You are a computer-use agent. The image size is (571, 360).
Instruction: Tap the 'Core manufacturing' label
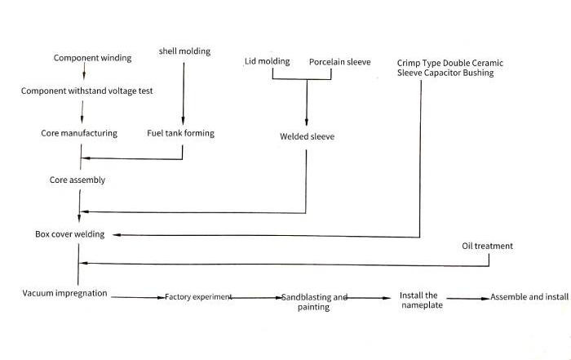(x=79, y=133)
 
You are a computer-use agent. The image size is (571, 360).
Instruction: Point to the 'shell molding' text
(x=184, y=51)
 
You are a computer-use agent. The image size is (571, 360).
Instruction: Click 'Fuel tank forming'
(x=180, y=133)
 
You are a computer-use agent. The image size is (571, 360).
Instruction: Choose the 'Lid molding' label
(x=268, y=62)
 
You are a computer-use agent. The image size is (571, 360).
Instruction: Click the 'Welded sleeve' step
(x=307, y=136)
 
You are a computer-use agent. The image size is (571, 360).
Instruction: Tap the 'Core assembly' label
(x=77, y=180)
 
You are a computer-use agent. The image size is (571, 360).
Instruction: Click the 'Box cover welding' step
(x=69, y=234)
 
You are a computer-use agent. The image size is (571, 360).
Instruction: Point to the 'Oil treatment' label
(x=487, y=246)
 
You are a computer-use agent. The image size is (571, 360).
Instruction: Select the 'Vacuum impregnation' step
(x=64, y=293)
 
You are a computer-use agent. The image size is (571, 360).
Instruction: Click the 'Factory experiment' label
(x=199, y=297)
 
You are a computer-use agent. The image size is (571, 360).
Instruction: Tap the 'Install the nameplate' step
(x=419, y=300)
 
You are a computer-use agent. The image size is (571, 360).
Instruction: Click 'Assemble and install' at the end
(x=529, y=297)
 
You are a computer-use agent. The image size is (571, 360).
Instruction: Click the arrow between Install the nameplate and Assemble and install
(x=467, y=299)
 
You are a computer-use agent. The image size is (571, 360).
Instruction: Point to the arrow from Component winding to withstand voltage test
(x=85, y=73)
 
